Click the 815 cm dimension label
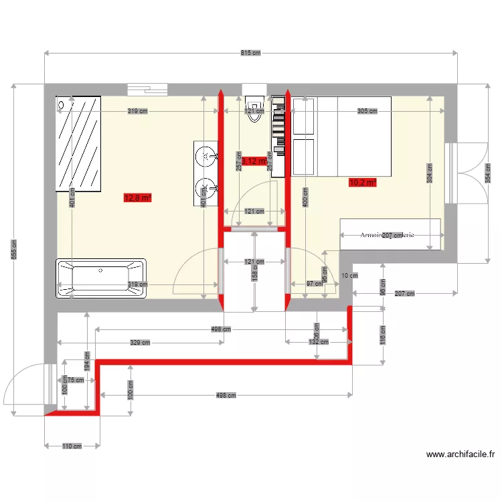coord(251,53)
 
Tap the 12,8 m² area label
coord(138,197)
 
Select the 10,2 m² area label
coord(362,181)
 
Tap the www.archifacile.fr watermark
coord(461,455)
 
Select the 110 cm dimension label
coord(72,446)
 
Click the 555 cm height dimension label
coord(13,250)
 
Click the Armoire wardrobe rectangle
coord(390,234)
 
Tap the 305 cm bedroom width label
coord(367,112)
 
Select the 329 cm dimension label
coord(141,342)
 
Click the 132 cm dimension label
coord(319,342)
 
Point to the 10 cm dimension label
coord(349,275)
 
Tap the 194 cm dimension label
coord(86,361)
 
